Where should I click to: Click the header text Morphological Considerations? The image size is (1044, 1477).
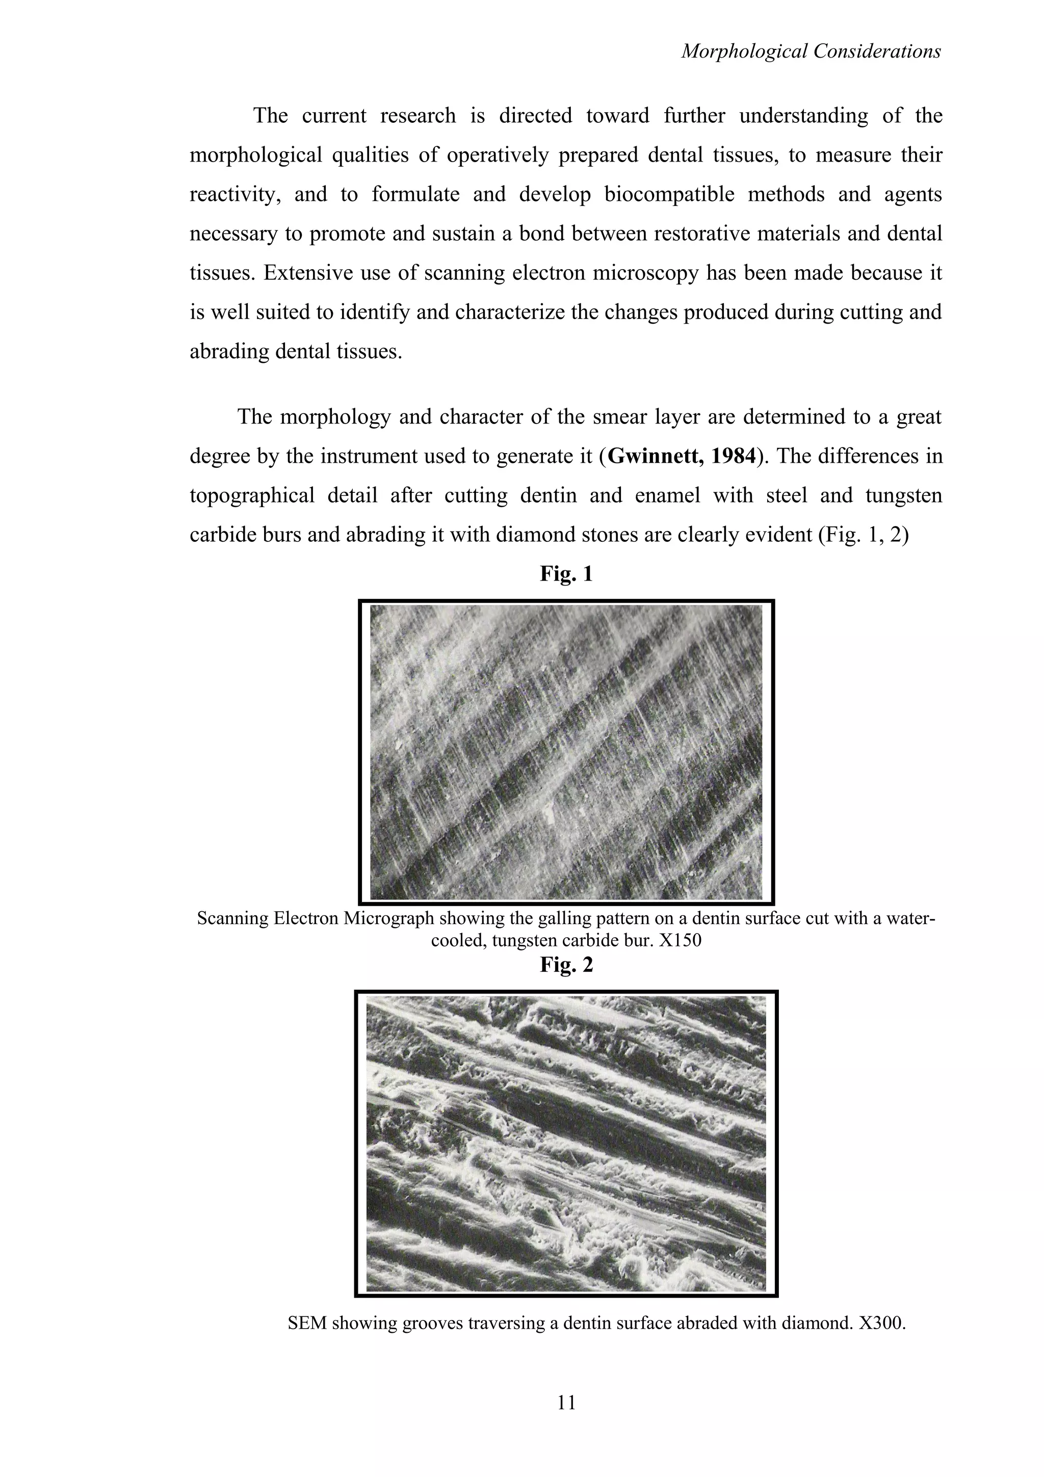(x=811, y=51)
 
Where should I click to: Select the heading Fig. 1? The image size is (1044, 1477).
(x=566, y=573)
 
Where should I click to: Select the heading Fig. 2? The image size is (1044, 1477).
(x=566, y=964)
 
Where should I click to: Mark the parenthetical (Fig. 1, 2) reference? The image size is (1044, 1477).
(x=863, y=535)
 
